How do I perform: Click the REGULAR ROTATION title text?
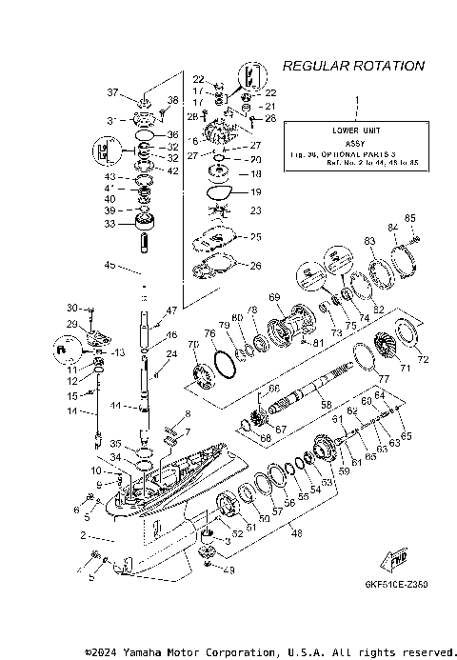(353, 66)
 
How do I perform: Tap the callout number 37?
(112, 92)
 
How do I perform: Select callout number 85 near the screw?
(410, 218)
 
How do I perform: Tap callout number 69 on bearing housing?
(274, 298)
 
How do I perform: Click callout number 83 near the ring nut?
(369, 242)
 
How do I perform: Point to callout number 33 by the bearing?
(112, 224)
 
